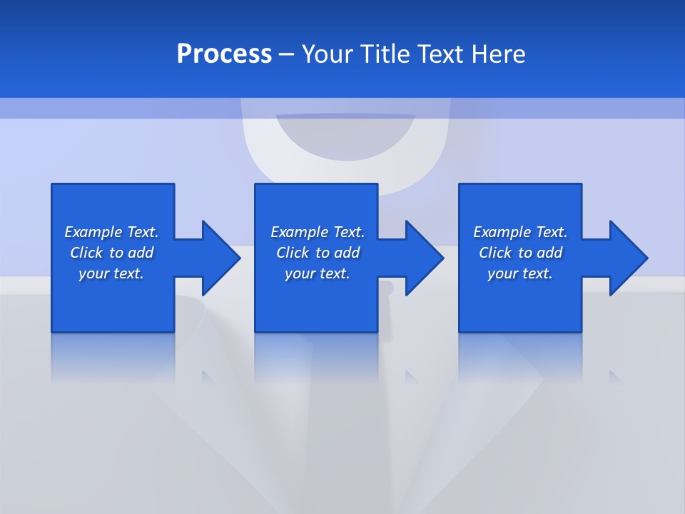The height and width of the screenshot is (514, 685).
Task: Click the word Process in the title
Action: pyautogui.click(x=224, y=54)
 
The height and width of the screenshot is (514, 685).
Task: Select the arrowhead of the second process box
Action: pyautogui.click(x=424, y=258)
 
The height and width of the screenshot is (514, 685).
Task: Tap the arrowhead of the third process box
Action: pyautogui.click(x=628, y=258)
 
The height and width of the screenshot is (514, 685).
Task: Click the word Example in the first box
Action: pyautogui.click(x=93, y=232)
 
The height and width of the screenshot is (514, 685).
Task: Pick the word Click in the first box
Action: pyautogui.click(x=87, y=253)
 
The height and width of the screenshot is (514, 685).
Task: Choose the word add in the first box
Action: pyautogui.click(x=141, y=253)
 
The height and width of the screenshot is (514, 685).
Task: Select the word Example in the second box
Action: pyautogui.click(x=299, y=232)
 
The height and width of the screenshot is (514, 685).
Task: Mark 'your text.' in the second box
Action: pyautogui.click(x=317, y=273)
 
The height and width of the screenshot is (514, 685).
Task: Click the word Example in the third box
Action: pyautogui.click(x=502, y=232)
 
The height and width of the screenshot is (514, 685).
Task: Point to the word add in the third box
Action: pyautogui.click(x=549, y=253)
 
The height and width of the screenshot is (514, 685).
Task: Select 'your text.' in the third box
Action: pyautogui.click(x=519, y=273)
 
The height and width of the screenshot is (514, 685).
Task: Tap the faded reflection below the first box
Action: pyautogui.click(x=113, y=357)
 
